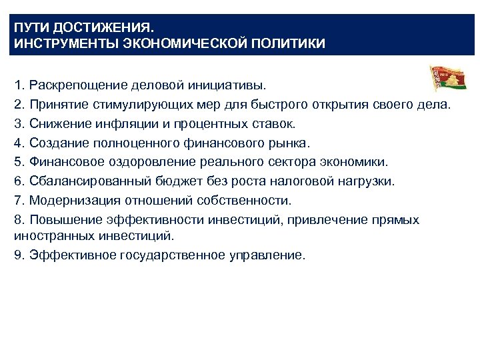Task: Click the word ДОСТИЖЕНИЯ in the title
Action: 103,30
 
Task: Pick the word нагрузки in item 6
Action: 367,181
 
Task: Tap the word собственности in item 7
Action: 255,200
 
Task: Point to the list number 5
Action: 18,162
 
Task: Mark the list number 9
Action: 18,255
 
